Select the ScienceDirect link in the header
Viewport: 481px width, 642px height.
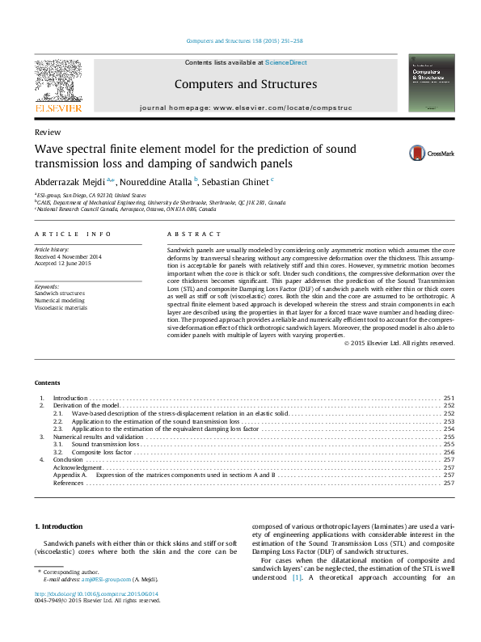click(x=285, y=62)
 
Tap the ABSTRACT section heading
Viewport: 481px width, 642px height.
click(x=184, y=234)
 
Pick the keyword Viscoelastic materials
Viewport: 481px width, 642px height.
click(x=62, y=308)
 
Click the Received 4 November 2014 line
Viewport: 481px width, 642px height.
click(x=68, y=257)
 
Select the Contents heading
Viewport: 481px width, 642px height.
click(x=48, y=382)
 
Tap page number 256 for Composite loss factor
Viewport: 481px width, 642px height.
click(x=449, y=451)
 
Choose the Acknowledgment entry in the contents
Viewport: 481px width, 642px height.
click(x=78, y=467)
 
